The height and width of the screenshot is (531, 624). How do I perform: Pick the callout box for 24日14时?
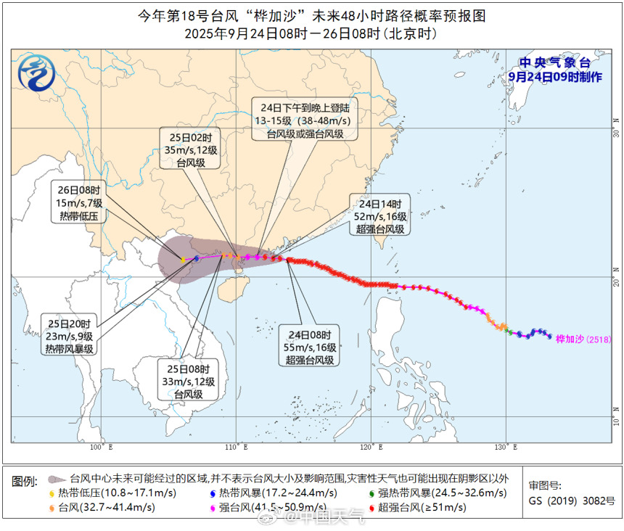point(380,215)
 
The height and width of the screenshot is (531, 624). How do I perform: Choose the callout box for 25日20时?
point(69,336)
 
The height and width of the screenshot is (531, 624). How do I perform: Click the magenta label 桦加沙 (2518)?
point(583,339)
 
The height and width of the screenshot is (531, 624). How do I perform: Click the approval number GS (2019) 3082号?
point(571,501)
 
